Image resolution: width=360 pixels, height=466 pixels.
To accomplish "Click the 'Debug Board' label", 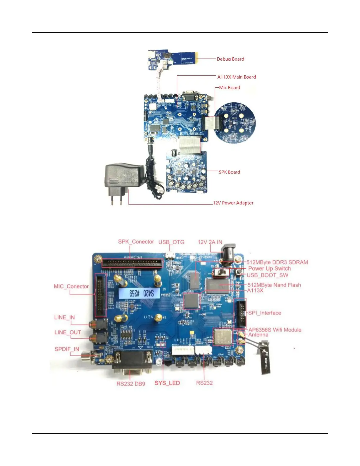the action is pos(230,59).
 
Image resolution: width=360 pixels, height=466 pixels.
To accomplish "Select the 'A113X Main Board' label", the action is pos(236,77).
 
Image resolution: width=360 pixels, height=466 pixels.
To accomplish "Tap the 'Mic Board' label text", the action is pos(229,88).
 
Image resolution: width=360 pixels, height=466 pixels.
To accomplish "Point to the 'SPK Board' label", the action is pos(229,172).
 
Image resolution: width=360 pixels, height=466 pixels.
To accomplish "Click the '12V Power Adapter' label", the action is pos(233,203).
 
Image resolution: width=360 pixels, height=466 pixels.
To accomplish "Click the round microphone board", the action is pos(234,123).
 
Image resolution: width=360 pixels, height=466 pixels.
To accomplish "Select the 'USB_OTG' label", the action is pos(171,242).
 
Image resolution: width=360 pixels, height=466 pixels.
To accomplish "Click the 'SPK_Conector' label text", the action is pos(136,242).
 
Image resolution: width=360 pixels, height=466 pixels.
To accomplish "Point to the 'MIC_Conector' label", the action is pos(71,287).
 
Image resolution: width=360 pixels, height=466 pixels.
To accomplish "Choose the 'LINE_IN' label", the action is pos(64,317).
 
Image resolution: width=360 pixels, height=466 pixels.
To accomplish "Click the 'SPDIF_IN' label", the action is pos(67,349).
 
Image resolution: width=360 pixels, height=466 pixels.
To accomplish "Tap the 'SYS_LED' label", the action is pos(167,383).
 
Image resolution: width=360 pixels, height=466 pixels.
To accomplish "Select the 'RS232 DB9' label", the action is pos(131,384).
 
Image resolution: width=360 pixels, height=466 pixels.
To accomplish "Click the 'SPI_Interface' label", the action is pos(264,313).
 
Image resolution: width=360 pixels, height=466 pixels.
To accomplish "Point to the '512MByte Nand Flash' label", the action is pos(274,285).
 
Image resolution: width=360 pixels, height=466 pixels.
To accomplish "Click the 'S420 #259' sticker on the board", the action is pos(139,293).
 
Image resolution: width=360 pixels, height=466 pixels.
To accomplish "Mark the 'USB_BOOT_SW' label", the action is pos(267,275).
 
